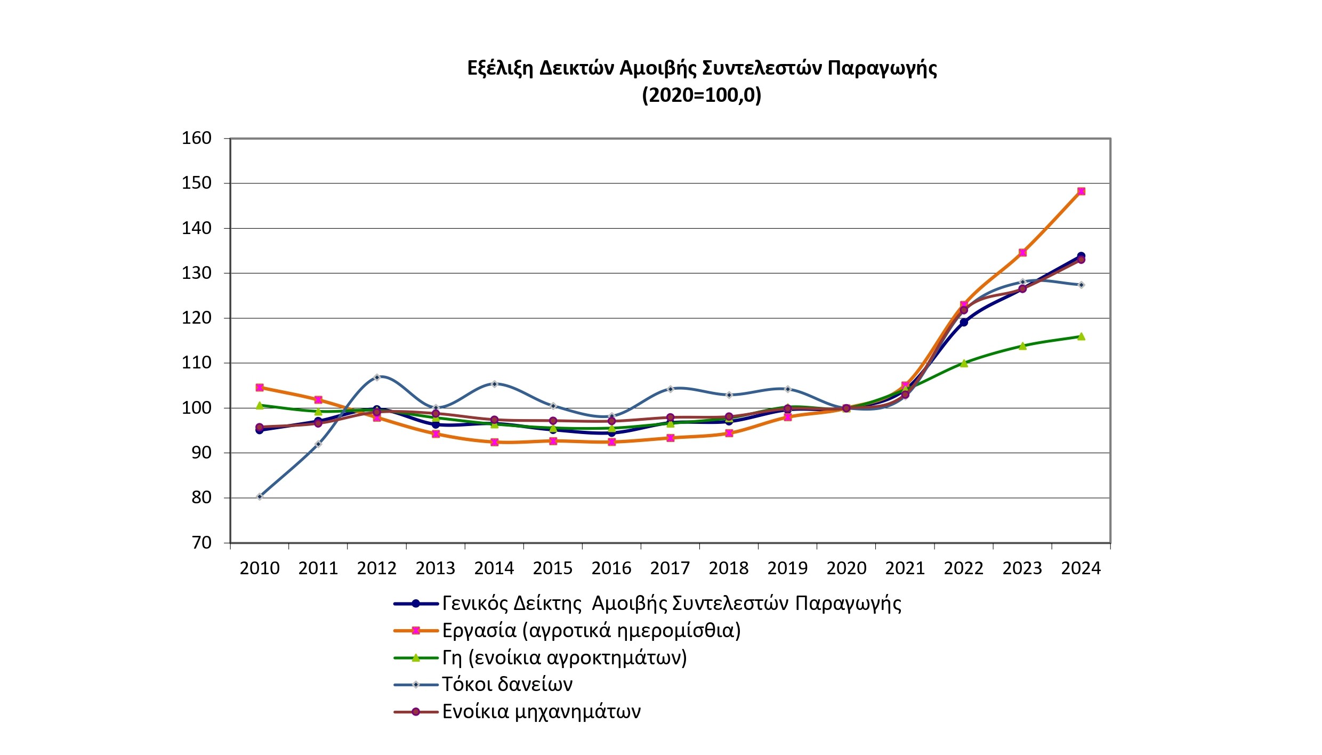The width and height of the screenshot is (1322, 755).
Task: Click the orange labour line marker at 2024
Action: (1081, 191)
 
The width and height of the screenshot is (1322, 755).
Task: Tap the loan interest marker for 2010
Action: (260, 497)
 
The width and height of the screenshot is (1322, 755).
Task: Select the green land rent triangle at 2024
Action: (1081, 336)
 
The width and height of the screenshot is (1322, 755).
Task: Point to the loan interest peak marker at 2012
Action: (377, 377)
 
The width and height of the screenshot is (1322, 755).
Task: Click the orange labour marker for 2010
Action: (260, 388)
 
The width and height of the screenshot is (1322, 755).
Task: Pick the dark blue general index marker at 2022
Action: (964, 322)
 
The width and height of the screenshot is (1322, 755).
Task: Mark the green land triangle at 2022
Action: (964, 364)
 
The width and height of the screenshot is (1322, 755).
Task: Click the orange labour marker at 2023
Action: (1022, 253)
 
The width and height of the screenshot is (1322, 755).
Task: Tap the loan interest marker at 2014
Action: (494, 384)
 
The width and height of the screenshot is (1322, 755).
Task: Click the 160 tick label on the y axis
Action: (197, 139)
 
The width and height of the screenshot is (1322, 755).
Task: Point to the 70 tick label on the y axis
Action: (201, 543)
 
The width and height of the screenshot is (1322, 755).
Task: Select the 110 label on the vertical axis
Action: (197, 363)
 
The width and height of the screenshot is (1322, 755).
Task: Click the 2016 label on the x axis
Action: (611, 569)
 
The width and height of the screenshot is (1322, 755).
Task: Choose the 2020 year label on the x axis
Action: (847, 569)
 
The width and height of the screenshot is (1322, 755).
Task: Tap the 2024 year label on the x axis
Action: (1081, 569)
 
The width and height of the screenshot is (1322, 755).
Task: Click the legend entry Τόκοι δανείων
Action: (507, 685)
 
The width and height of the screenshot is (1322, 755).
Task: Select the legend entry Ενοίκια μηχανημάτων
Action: (541, 712)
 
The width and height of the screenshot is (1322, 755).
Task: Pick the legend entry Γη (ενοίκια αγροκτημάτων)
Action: (564, 658)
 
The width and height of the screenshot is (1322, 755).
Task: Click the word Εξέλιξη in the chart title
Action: (500, 68)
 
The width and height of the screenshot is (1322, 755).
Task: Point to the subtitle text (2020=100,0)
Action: (702, 95)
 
